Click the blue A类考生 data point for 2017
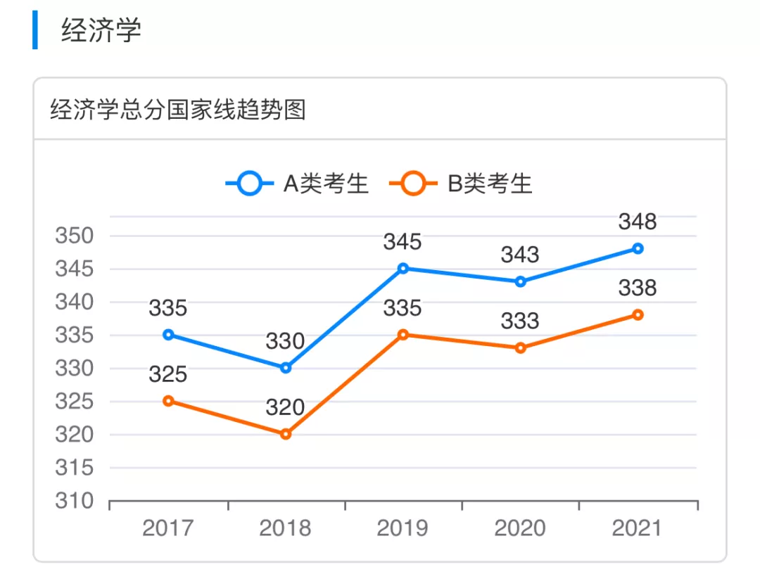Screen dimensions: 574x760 (x=168, y=335)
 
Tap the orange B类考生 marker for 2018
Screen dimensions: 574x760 (x=286, y=434)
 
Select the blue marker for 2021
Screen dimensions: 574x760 (x=638, y=248)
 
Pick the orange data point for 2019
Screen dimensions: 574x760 (x=403, y=335)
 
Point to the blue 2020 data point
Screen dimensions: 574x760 (x=521, y=281)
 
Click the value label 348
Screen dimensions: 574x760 (x=638, y=222)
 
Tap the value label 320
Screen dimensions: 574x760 (x=285, y=408)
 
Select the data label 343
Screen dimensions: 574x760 (x=520, y=255)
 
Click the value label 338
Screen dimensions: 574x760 (x=638, y=288)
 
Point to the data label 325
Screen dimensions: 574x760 (x=167, y=375)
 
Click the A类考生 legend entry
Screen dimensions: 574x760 (x=298, y=184)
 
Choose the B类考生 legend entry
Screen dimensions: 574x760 (x=462, y=184)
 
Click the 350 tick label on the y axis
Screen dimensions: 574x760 (x=74, y=236)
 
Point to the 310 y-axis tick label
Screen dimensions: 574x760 (x=74, y=501)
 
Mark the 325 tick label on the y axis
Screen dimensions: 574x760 (x=74, y=402)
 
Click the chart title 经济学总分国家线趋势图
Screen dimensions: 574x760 (x=178, y=110)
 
